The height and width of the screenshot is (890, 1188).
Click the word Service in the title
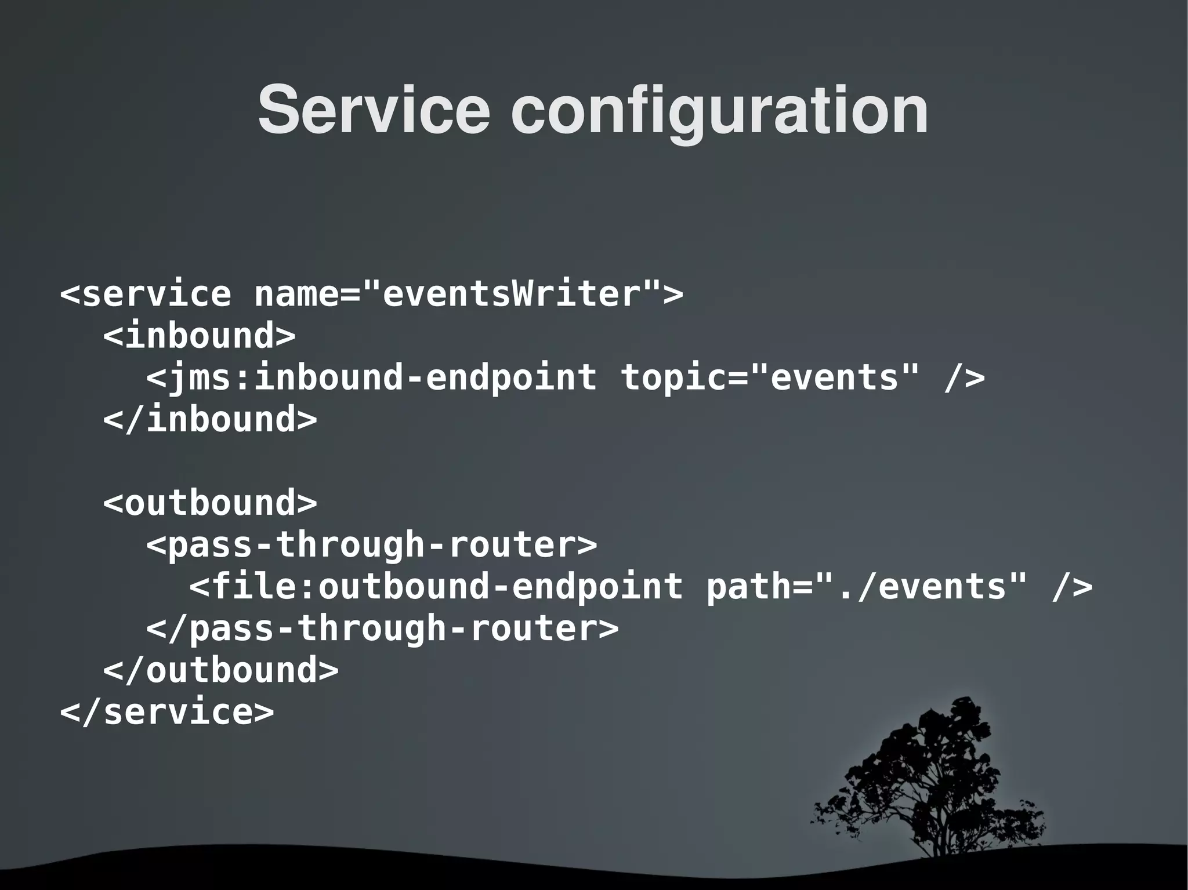(374, 110)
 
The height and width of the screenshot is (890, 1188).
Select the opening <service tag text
(146, 294)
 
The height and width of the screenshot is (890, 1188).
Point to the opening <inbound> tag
(200, 336)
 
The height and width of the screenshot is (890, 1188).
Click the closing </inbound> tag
(210, 420)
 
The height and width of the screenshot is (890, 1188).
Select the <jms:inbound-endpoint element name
(371, 378)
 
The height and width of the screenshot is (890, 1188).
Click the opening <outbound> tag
(210, 503)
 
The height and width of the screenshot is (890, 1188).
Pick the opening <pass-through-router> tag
(371, 545)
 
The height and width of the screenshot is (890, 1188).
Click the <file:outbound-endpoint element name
(436, 587)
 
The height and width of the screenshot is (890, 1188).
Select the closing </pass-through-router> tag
(382, 629)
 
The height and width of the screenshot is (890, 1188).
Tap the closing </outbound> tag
(220, 670)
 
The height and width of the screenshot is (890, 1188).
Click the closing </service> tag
(167, 712)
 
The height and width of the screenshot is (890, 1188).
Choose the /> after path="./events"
(1072, 587)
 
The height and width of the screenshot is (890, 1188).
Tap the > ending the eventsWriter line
(673, 294)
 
